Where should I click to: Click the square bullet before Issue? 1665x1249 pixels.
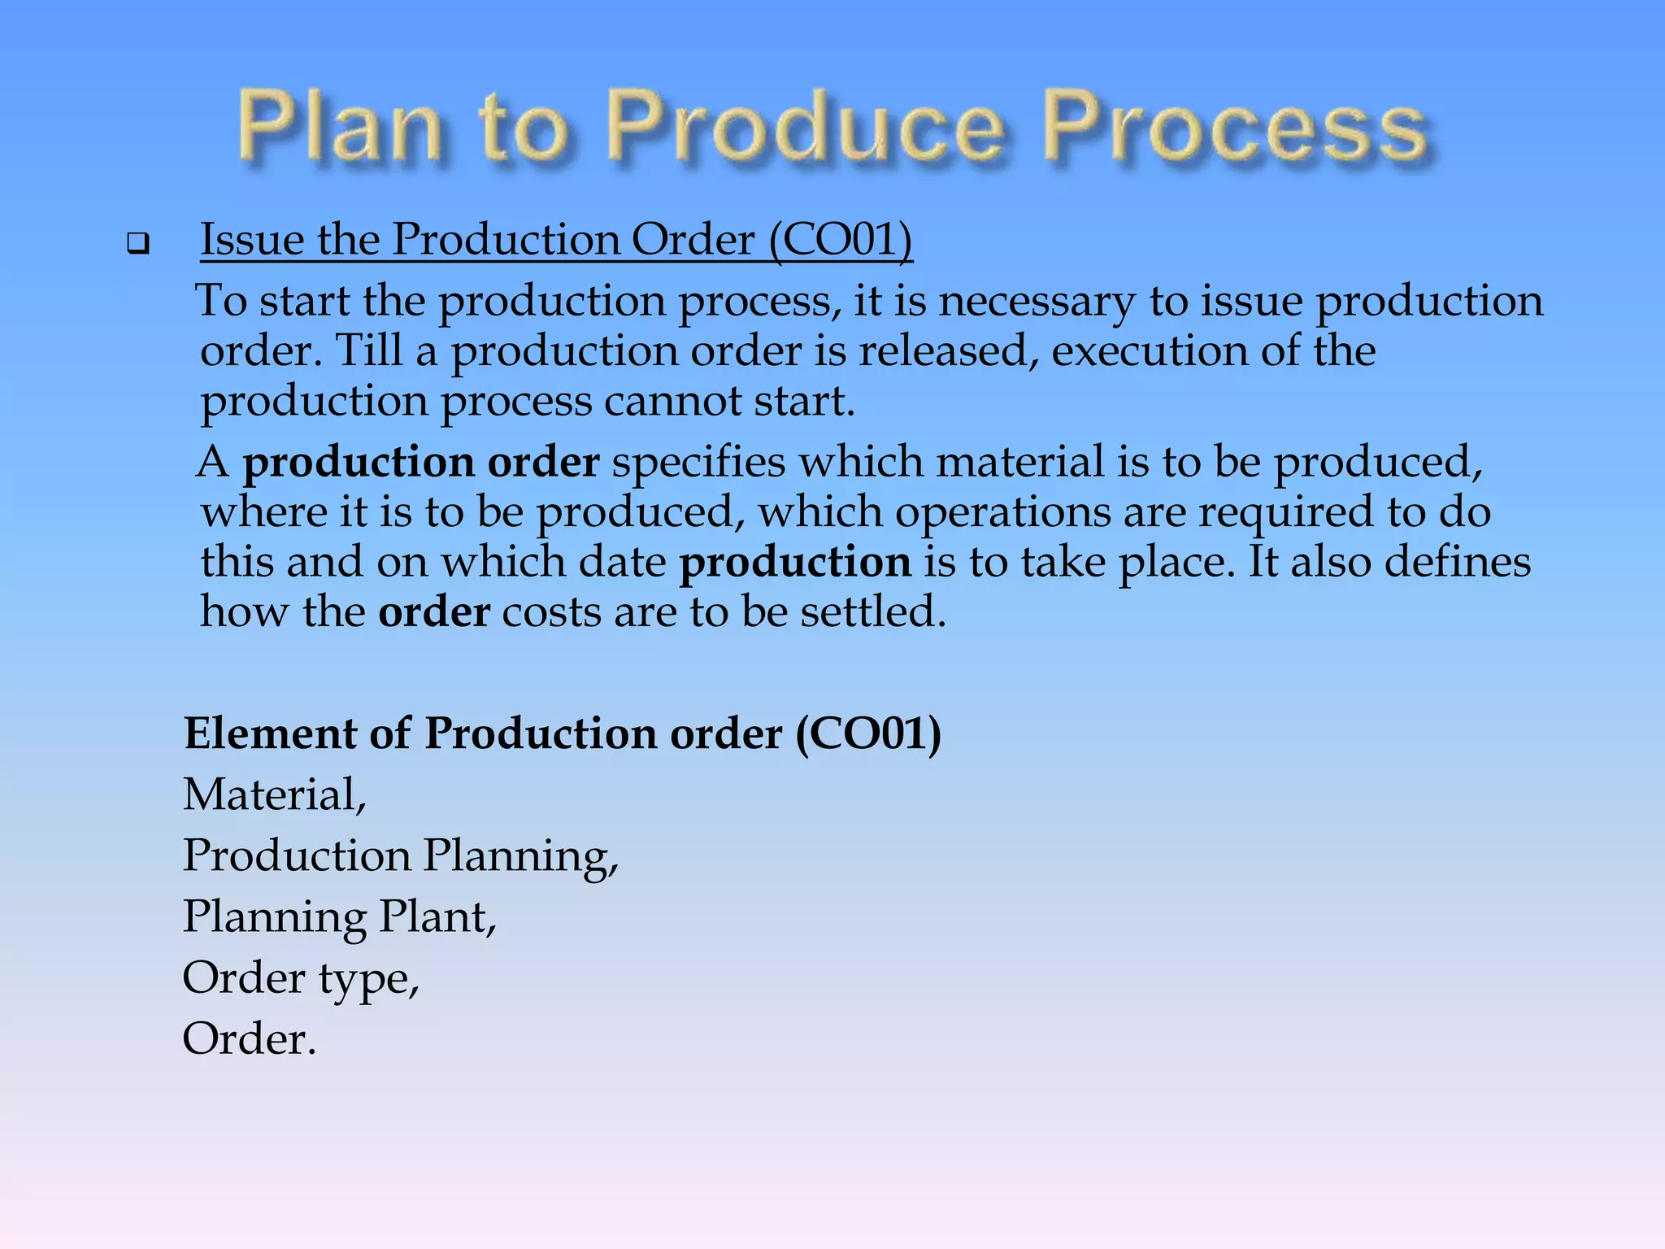(138, 243)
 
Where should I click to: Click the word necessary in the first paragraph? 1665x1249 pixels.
(1037, 302)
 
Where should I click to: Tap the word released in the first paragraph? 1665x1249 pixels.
(948, 351)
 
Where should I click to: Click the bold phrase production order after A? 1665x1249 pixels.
(421, 463)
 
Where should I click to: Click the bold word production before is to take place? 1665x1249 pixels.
(794, 563)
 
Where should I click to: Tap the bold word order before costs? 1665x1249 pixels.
(434, 612)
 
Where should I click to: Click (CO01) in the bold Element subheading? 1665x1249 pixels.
(868, 733)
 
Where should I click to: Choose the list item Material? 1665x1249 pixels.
(275, 794)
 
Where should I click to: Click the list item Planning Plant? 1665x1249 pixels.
(339, 917)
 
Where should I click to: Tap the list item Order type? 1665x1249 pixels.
(301, 978)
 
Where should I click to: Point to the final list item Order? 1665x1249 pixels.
(249, 1039)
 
